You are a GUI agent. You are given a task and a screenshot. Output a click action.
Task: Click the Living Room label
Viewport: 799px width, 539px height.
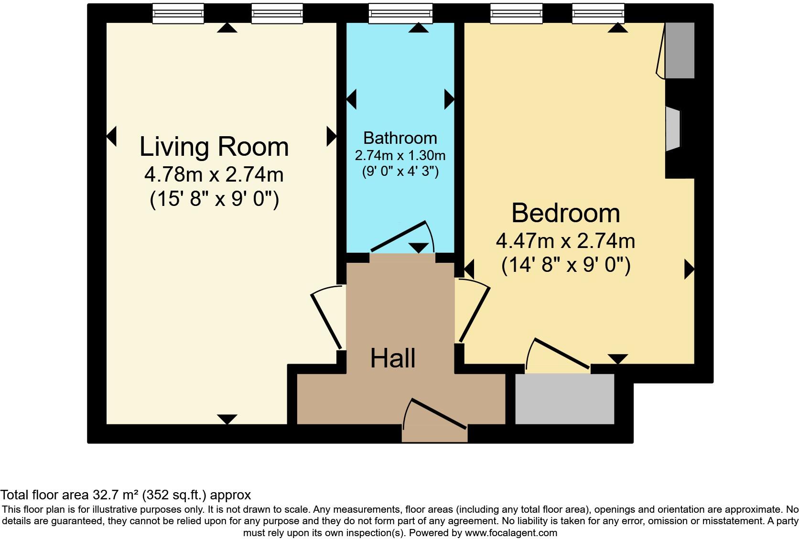pyautogui.click(x=214, y=147)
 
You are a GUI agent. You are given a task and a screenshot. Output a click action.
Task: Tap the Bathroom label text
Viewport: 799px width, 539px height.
pyautogui.click(x=400, y=138)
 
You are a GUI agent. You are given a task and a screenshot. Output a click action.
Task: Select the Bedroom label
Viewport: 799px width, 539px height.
pyautogui.click(x=566, y=213)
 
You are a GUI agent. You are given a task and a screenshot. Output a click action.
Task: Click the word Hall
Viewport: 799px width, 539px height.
pyautogui.click(x=393, y=358)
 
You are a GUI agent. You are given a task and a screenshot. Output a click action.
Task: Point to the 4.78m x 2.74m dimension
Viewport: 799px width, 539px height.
pyautogui.click(x=214, y=175)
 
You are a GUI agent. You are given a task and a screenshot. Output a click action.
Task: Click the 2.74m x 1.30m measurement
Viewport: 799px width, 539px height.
pyautogui.click(x=400, y=155)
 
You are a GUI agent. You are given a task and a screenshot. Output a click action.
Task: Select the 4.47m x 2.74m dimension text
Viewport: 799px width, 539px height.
pyautogui.click(x=566, y=241)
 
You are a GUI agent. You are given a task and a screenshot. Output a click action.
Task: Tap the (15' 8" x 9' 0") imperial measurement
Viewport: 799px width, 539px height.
pyautogui.click(x=214, y=199)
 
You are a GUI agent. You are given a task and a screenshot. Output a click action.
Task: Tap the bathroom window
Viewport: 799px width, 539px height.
pyautogui.click(x=400, y=13)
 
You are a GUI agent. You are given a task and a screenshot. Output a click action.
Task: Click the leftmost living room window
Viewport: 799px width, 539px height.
pyautogui.click(x=178, y=13)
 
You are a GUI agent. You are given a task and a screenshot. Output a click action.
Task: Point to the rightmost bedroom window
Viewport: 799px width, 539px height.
pyautogui.click(x=598, y=13)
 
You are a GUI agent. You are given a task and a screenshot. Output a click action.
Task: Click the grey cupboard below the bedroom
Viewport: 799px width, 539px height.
pyautogui.click(x=565, y=399)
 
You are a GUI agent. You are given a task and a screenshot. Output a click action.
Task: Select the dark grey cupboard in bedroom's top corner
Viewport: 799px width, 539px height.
pyautogui.click(x=680, y=50)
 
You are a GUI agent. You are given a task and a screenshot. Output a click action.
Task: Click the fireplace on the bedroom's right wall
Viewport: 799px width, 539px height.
pyautogui.click(x=673, y=129)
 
